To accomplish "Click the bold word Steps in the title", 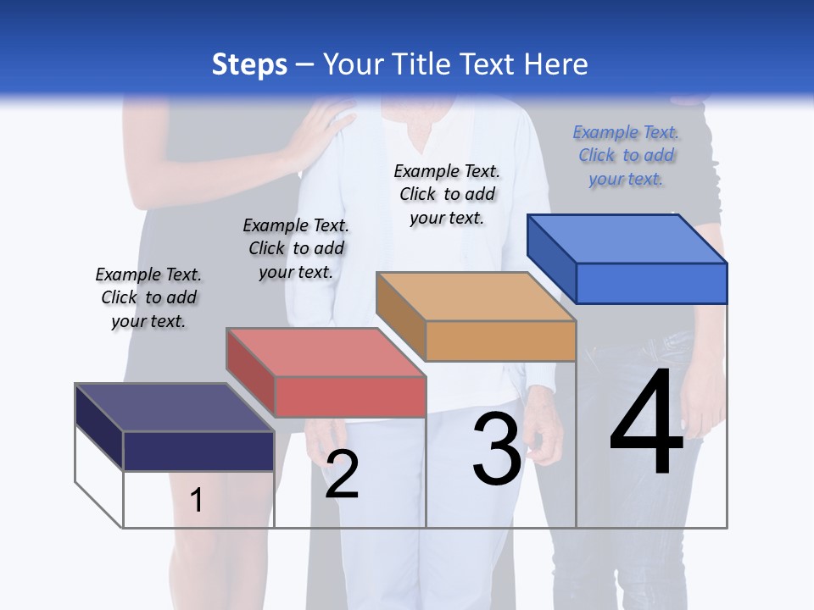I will (x=249, y=64).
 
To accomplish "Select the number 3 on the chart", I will (x=497, y=448).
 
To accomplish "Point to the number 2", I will (x=342, y=474).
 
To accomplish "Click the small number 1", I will (x=196, y=500).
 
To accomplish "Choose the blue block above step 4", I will (x=627, y=258).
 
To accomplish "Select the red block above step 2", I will (x=326, y=372).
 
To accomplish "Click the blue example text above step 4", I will (x=626, y=155).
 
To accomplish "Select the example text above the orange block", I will (x=447, y=194).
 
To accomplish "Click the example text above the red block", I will (x=296, y=248).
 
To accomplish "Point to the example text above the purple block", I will (x=148, y=297).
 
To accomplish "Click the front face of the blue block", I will (x=651, y=283).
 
